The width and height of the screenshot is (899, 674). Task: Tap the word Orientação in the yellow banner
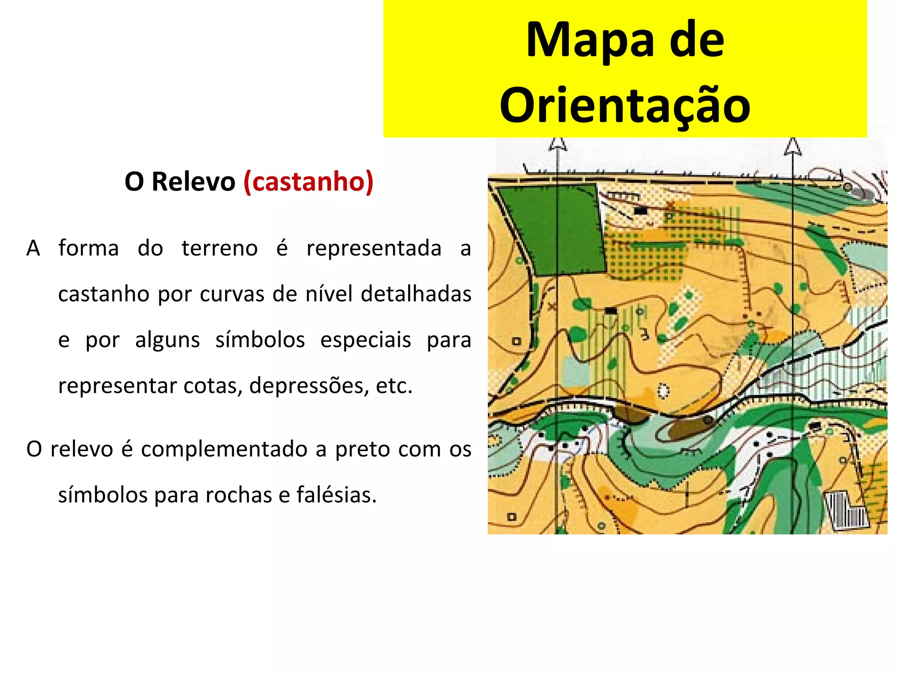pyautogui.click(x=625, y=105)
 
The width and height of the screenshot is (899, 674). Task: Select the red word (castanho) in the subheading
pyautogui.click(x=308, y=181)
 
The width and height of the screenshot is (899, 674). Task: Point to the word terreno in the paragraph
pyautogui.click(x=219, y=248)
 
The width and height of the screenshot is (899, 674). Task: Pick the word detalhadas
pyautogui.click(x=416, y=294)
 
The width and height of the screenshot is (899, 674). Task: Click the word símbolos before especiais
pyautogui.click(x=260, y=340)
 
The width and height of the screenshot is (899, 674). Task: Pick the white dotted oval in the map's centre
pyautogui.click(x=663, y=390)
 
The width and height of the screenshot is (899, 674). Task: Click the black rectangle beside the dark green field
pyautogui.click(x=640, y=211)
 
